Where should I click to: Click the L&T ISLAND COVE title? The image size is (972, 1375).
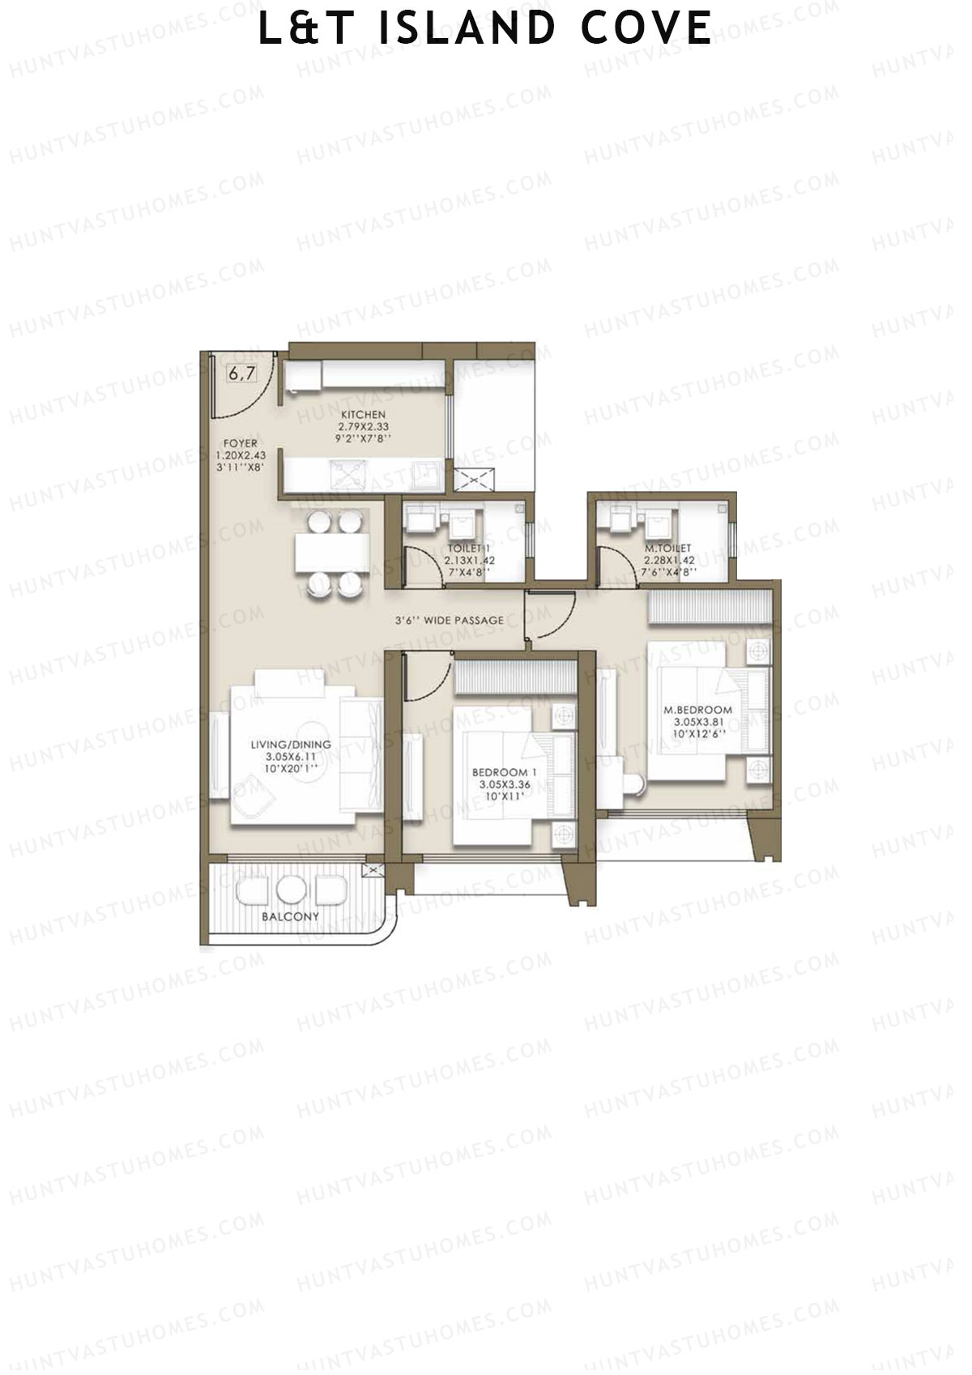485,28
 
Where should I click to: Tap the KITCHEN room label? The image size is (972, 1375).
363,415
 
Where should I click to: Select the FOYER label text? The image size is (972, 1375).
241,443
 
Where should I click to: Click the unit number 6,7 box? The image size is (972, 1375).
241,374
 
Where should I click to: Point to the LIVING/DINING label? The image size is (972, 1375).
290,745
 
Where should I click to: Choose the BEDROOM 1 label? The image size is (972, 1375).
504,772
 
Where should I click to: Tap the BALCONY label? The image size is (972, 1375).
290,916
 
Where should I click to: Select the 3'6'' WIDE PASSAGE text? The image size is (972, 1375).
450,620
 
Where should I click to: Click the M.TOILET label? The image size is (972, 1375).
668,548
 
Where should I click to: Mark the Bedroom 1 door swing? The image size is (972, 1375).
428,677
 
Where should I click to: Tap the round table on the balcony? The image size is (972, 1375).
289,890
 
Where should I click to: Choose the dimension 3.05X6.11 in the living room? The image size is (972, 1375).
290,756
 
